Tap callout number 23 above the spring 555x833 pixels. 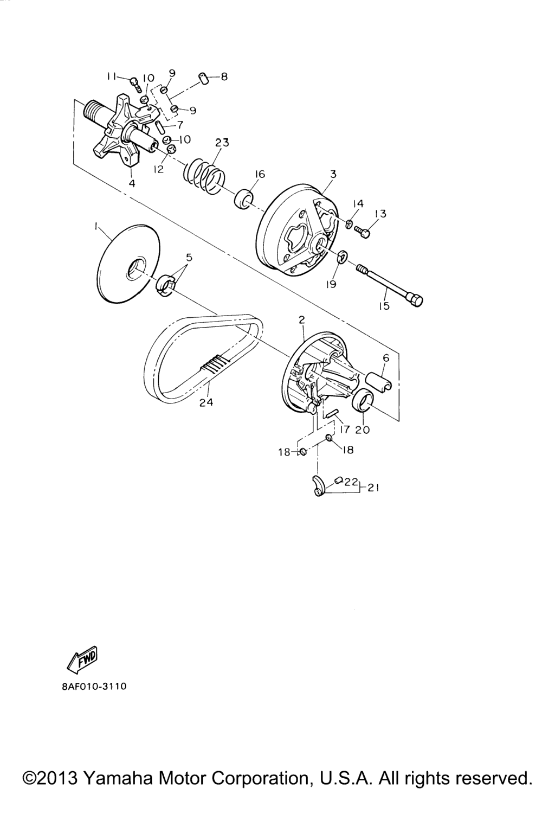pos(222,143)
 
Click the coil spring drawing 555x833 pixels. pos(204,176)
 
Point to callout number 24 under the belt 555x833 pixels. pos(206,402)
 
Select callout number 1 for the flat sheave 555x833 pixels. pos(96,226)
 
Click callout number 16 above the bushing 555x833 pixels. pos(260,174)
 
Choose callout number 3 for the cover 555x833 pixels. pos(333,174)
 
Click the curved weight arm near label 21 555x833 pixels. pos(318,485)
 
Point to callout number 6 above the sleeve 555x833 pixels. pos(386,358)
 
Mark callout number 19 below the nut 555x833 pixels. pos(331,284)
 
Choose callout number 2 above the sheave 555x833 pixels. pos(301,320)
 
